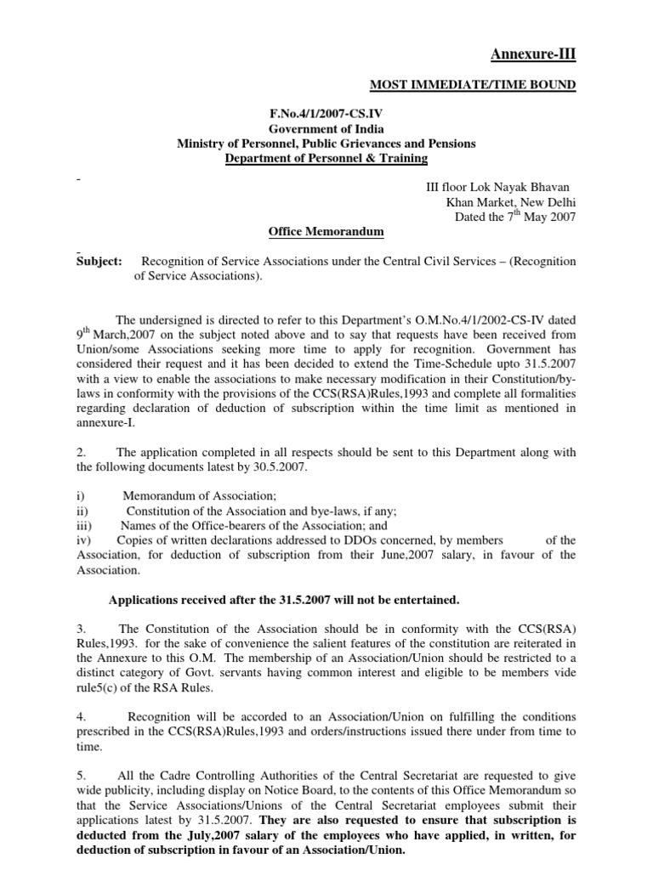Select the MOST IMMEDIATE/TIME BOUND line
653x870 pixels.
tap(471, 84)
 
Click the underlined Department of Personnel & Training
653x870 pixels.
tap(326, 158)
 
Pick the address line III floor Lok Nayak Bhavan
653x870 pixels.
tap(497, 187)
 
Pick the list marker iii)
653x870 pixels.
tap(84, 525)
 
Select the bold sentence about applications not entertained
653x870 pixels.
tap(284, 600)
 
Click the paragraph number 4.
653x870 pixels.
tap(80, 716)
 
